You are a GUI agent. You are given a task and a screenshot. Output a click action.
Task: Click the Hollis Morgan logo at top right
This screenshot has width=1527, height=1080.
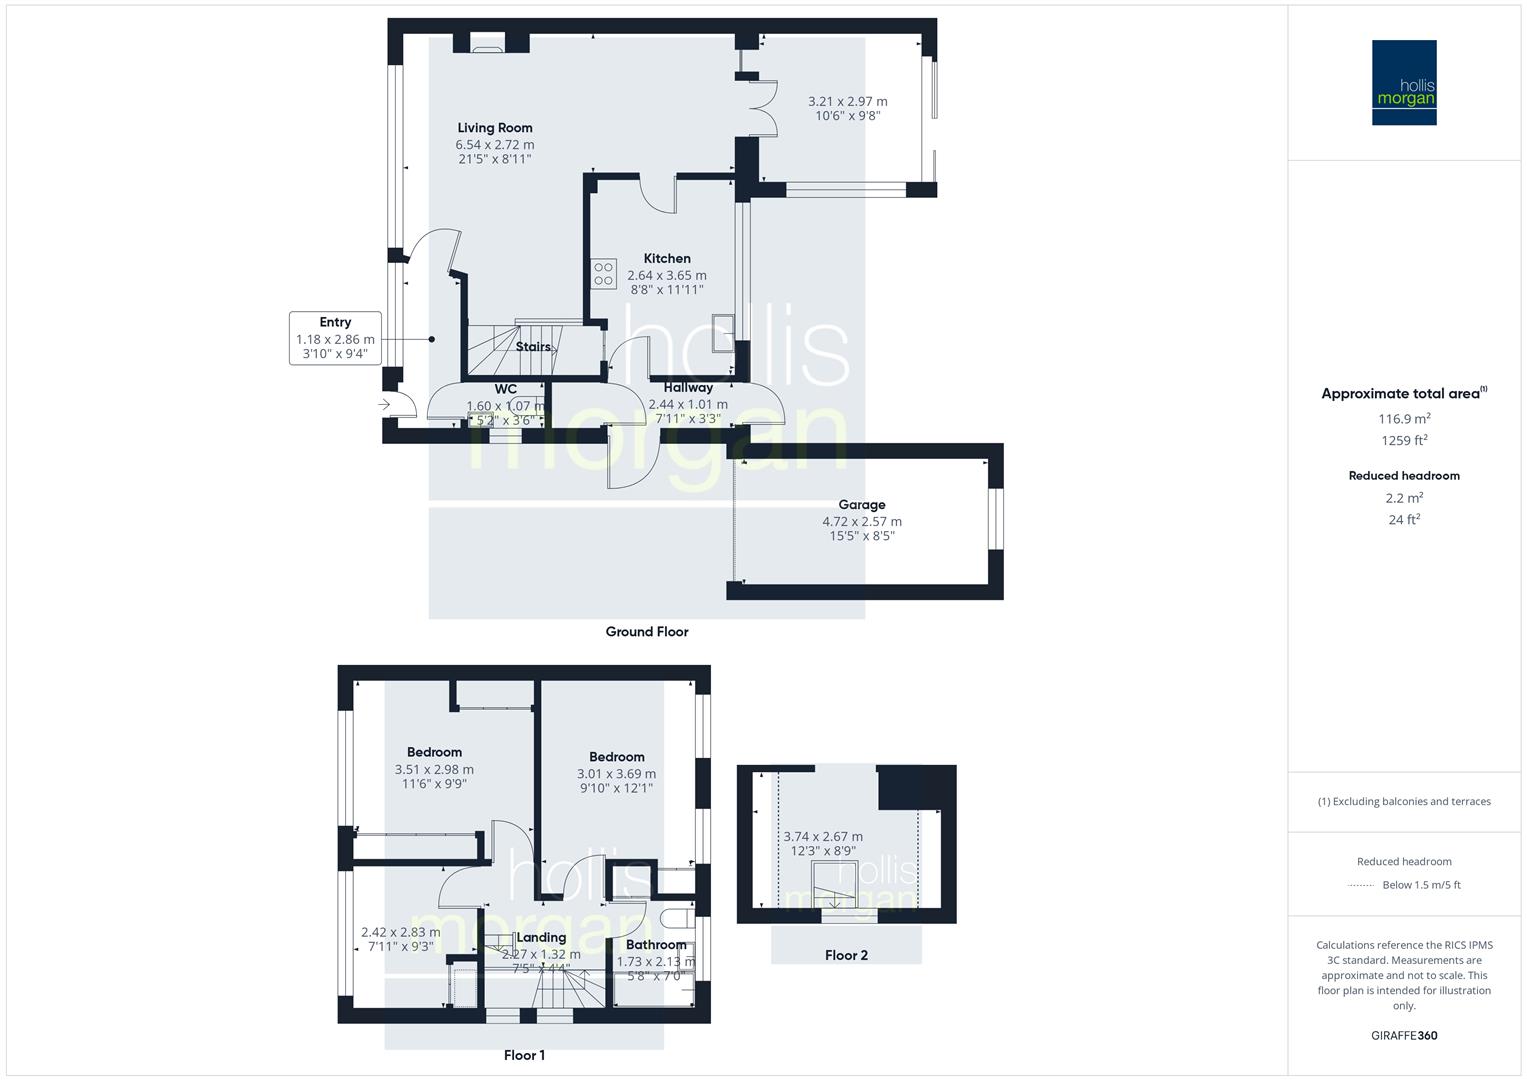click(x=1403, y=82)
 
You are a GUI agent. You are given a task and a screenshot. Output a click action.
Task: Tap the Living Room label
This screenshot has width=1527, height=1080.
click(x=495, y=128)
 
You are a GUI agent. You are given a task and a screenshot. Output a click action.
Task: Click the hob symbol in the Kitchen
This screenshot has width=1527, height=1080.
click(x=603, y=274)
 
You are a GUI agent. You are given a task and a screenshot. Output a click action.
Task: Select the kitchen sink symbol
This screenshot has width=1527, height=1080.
click(x=721, y=333)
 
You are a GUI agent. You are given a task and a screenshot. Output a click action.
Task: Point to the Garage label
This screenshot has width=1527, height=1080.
click(x=861, y=505)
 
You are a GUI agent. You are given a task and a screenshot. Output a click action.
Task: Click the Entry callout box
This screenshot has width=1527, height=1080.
click(x=335, y=338)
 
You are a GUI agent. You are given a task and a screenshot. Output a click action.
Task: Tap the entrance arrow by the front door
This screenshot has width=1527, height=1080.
click(x=385, y=405)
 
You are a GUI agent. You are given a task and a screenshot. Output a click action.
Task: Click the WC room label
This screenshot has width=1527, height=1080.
click(x=506, y=389)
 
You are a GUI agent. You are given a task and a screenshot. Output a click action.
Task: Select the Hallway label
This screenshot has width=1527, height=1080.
click(x=688, y=388)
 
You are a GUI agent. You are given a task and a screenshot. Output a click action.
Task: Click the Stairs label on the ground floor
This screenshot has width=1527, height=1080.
click(x=533, y=347)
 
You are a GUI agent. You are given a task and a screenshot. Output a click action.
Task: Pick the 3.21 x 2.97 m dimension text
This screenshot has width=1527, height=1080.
click(x=847, y=101)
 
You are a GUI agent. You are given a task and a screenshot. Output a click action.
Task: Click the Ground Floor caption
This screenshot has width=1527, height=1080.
click(x=647, y=632)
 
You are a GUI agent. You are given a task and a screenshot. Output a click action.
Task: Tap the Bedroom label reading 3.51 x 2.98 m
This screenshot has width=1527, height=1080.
click(x=434, y=752)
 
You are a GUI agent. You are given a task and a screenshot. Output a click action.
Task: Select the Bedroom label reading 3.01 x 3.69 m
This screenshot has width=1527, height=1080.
click(x=616, y=757)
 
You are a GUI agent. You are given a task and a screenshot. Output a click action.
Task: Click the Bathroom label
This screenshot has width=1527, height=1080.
click(x=656, y=945)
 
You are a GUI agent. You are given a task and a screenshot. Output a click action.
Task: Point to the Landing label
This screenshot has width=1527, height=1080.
click(x=541, y=938)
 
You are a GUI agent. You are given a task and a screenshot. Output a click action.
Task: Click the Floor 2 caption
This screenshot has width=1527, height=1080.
click(x=846, y=955)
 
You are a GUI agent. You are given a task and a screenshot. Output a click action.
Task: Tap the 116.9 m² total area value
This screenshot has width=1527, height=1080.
click(x=1404, y=419)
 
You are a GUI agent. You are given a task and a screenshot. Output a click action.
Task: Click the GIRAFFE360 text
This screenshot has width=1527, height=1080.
click(x=1404, y=1036)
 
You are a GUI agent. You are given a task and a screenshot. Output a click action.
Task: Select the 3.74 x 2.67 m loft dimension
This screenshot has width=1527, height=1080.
click(x=822, y=837)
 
